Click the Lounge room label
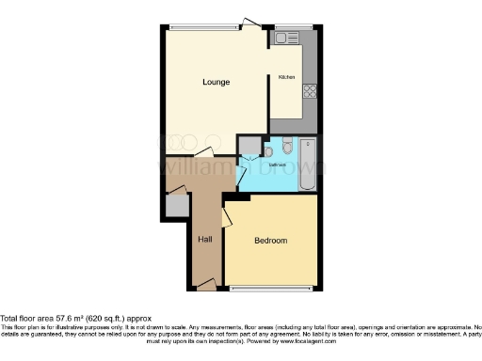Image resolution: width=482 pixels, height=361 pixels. coord(216,83)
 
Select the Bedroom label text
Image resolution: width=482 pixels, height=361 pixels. coord(271,241)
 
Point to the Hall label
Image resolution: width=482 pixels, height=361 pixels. coord(204,240)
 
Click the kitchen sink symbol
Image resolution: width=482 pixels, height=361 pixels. coord(284,39)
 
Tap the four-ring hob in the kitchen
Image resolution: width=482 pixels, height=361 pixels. coord(309,91)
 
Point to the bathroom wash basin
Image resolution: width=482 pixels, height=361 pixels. coord(269,149)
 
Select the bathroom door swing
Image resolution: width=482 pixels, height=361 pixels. coord(245,173)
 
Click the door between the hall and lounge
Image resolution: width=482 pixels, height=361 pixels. coord(203,152)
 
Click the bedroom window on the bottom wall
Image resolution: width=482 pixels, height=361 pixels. coord(273,288)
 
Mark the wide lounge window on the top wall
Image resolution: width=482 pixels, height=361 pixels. coord(203,27)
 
